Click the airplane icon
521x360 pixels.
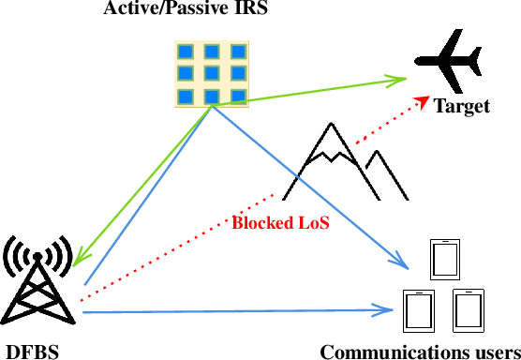tap(448, 62)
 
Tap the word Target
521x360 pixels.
tap(461, 107)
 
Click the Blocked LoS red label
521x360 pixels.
tap(280, 225)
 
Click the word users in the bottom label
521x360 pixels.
tap(490, 352)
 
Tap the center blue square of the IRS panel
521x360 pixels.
tap(213, 74)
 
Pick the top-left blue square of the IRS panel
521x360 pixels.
tap(187, 52)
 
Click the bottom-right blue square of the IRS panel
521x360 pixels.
tap(237, 97)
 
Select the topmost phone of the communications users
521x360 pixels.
tap(444, 259)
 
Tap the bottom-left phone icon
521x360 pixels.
tap(419, 310)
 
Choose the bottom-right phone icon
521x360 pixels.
tap(467, 310)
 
